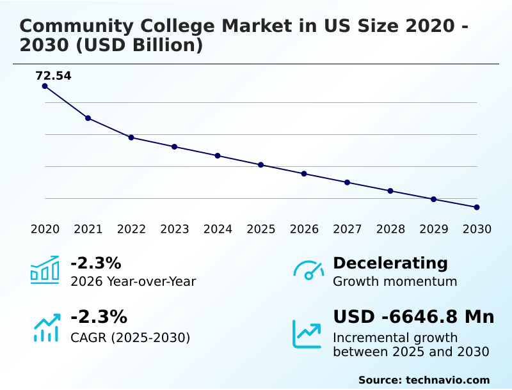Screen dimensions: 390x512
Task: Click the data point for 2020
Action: click(45, 86)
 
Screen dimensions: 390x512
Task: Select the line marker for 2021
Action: click(88, 118)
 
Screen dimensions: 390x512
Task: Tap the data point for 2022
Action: click(131, 137)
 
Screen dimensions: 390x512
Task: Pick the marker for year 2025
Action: click(260, 165)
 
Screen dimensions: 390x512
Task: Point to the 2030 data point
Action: click(477, 207)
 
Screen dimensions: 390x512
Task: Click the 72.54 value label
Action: click(53, 76)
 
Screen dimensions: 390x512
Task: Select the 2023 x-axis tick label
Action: click(174, 230)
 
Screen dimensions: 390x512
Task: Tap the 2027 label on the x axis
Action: click(347, 230)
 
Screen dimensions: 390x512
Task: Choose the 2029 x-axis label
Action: click(433, 230)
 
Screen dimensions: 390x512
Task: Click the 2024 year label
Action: click(218, 230)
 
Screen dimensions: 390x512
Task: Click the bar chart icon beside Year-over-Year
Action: click(44, 270)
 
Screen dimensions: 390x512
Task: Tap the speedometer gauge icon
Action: click(308, 270)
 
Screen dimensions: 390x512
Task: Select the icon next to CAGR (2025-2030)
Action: click(46, 327)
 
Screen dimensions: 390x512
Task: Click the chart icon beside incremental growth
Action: click(307, 334)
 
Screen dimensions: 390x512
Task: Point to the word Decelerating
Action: click(390, 263)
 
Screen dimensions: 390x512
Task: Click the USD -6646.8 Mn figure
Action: click(413, 316)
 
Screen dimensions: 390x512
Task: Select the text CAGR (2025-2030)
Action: click(130, 338)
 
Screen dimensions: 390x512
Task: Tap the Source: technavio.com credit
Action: click(424, 380)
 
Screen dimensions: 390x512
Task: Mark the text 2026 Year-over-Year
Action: click(133, 281)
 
